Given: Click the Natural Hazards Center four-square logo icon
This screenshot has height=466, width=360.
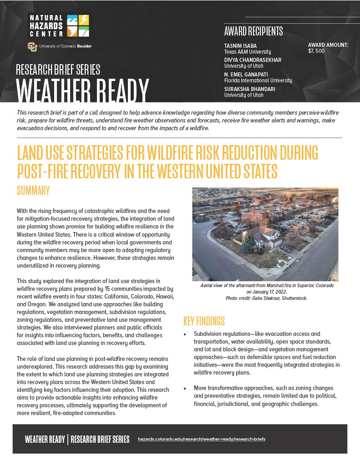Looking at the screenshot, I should (x=78, y=25).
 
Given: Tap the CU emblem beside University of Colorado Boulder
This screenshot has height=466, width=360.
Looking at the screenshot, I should (x=32, y=46).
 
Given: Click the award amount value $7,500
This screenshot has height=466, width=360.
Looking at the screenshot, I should (x=316, y=51).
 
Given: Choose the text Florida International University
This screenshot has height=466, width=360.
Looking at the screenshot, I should (x=258, y=81).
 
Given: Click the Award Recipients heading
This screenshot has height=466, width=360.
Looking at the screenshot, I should (x=254, y=31).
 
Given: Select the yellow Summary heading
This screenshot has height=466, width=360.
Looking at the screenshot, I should (x=33, y=190).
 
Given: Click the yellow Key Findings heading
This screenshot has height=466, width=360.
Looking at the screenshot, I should (x=204, y=321).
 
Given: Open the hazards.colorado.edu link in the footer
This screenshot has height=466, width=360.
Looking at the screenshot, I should (x=201, y=439).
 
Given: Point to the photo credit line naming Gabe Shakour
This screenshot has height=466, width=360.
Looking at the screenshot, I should (x=265, y=298).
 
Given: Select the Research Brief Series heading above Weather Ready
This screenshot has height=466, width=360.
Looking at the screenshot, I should (x=58, y=70).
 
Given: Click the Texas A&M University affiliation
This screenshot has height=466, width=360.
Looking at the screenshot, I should (x=247, y=52).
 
